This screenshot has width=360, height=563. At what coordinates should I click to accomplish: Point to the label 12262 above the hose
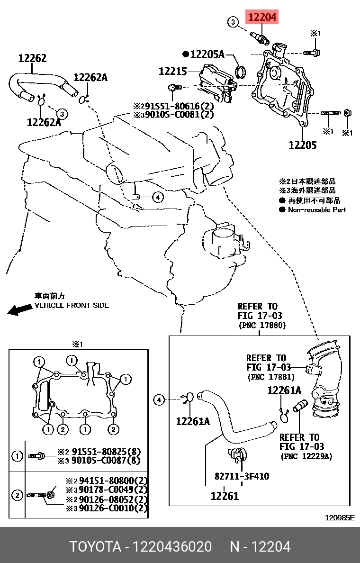point(32,58)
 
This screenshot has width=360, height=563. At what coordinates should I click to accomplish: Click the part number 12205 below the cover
point(302,145)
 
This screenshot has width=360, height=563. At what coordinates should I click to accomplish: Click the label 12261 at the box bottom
point(225,496)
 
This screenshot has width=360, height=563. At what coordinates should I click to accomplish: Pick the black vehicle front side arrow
point(19,310)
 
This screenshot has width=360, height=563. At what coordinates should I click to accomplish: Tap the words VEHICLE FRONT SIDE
point(72,306)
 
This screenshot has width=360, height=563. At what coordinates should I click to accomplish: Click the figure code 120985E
point(339,518)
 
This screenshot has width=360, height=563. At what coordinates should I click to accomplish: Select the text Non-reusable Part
point(317,209)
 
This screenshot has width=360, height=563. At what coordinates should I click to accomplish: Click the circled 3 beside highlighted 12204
point(233,21)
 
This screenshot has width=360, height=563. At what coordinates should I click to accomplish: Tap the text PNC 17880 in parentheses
point(262,326)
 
